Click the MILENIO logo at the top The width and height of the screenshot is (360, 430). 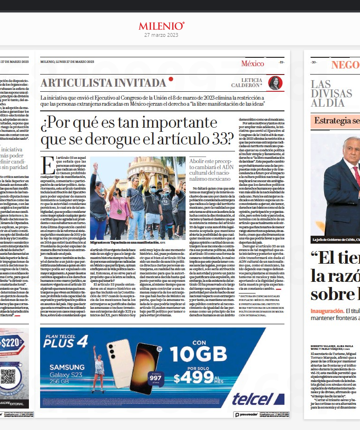161,26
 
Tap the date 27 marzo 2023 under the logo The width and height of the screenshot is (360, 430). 161,35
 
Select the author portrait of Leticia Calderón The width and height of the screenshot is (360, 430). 275,83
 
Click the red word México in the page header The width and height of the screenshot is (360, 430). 252,63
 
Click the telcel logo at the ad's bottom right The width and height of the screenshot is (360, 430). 252,398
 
